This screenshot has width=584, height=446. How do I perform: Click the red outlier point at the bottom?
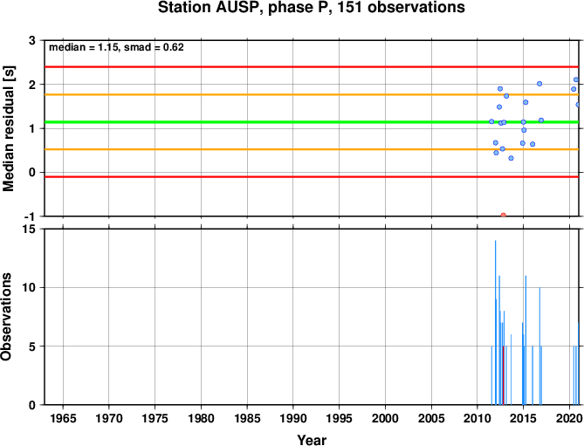[x=503, y=215]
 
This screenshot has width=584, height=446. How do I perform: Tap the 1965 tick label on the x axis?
[x=63, y=418]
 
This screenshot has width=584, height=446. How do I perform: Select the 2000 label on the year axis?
[x=385, y=418]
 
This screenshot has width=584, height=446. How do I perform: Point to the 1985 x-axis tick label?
[x=247, y=418]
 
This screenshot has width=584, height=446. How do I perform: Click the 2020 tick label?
[x=569, y=418]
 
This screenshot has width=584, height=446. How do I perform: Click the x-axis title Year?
[x=312, y=440]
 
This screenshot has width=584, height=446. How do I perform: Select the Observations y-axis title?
[x=6, y=317]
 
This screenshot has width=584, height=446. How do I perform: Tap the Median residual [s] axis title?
[x=8, y=129]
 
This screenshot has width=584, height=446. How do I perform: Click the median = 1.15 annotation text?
[x=84, y=47]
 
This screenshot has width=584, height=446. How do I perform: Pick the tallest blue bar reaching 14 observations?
[x=495, y=322]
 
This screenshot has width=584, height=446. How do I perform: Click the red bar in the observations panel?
[x=503, y=375]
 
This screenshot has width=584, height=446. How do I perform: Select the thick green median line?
[x=312, y=122]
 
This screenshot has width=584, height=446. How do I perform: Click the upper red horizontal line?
[x=312, y=67]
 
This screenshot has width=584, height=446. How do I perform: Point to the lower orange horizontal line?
[x=312, y=149]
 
